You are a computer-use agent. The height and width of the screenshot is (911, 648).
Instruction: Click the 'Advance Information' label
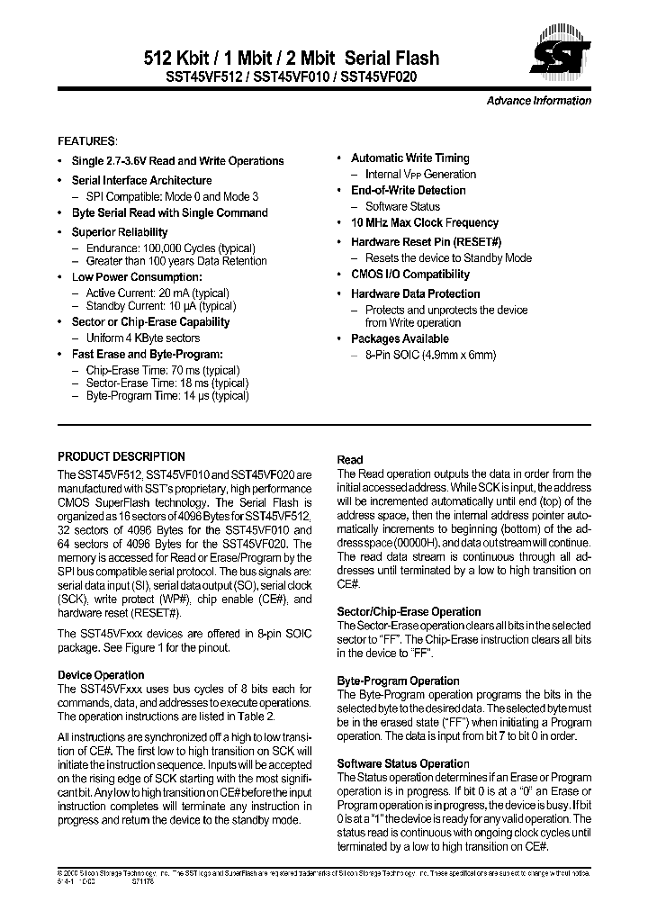(x=538, y=101)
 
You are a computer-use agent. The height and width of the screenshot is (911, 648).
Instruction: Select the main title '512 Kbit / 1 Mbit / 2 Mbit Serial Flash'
(x=292, y=59)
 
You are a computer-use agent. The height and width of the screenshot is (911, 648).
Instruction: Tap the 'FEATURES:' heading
(x=87, y=142)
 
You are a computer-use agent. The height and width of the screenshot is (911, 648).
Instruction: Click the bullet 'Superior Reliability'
(x=120, y=232)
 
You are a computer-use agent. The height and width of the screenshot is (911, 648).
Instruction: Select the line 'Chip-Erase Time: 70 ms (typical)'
(x=163, y=370)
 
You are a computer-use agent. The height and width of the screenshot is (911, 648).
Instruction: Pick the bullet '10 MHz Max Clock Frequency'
(x=424, y=222)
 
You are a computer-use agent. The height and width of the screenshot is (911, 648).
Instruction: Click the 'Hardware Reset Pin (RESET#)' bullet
(x=426, y=242)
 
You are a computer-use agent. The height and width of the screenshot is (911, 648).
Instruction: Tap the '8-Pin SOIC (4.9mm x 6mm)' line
(x=430, y=355)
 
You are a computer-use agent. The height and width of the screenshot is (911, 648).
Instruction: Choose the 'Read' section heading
(x=350, y=459)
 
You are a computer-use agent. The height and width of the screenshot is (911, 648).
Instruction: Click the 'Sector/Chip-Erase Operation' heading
(x=409, y=611)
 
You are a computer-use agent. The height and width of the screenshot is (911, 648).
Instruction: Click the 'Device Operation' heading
(x=101, y=674)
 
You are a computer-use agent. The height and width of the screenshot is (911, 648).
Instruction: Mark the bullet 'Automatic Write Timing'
(x=409, y=158)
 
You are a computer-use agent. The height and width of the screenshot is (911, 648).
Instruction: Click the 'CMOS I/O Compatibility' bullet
(x=409, y=275)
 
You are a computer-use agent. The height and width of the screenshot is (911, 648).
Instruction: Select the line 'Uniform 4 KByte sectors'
(x=142, y=338)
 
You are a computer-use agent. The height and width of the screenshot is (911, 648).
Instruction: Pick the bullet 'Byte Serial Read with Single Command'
(x=169, y=213)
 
